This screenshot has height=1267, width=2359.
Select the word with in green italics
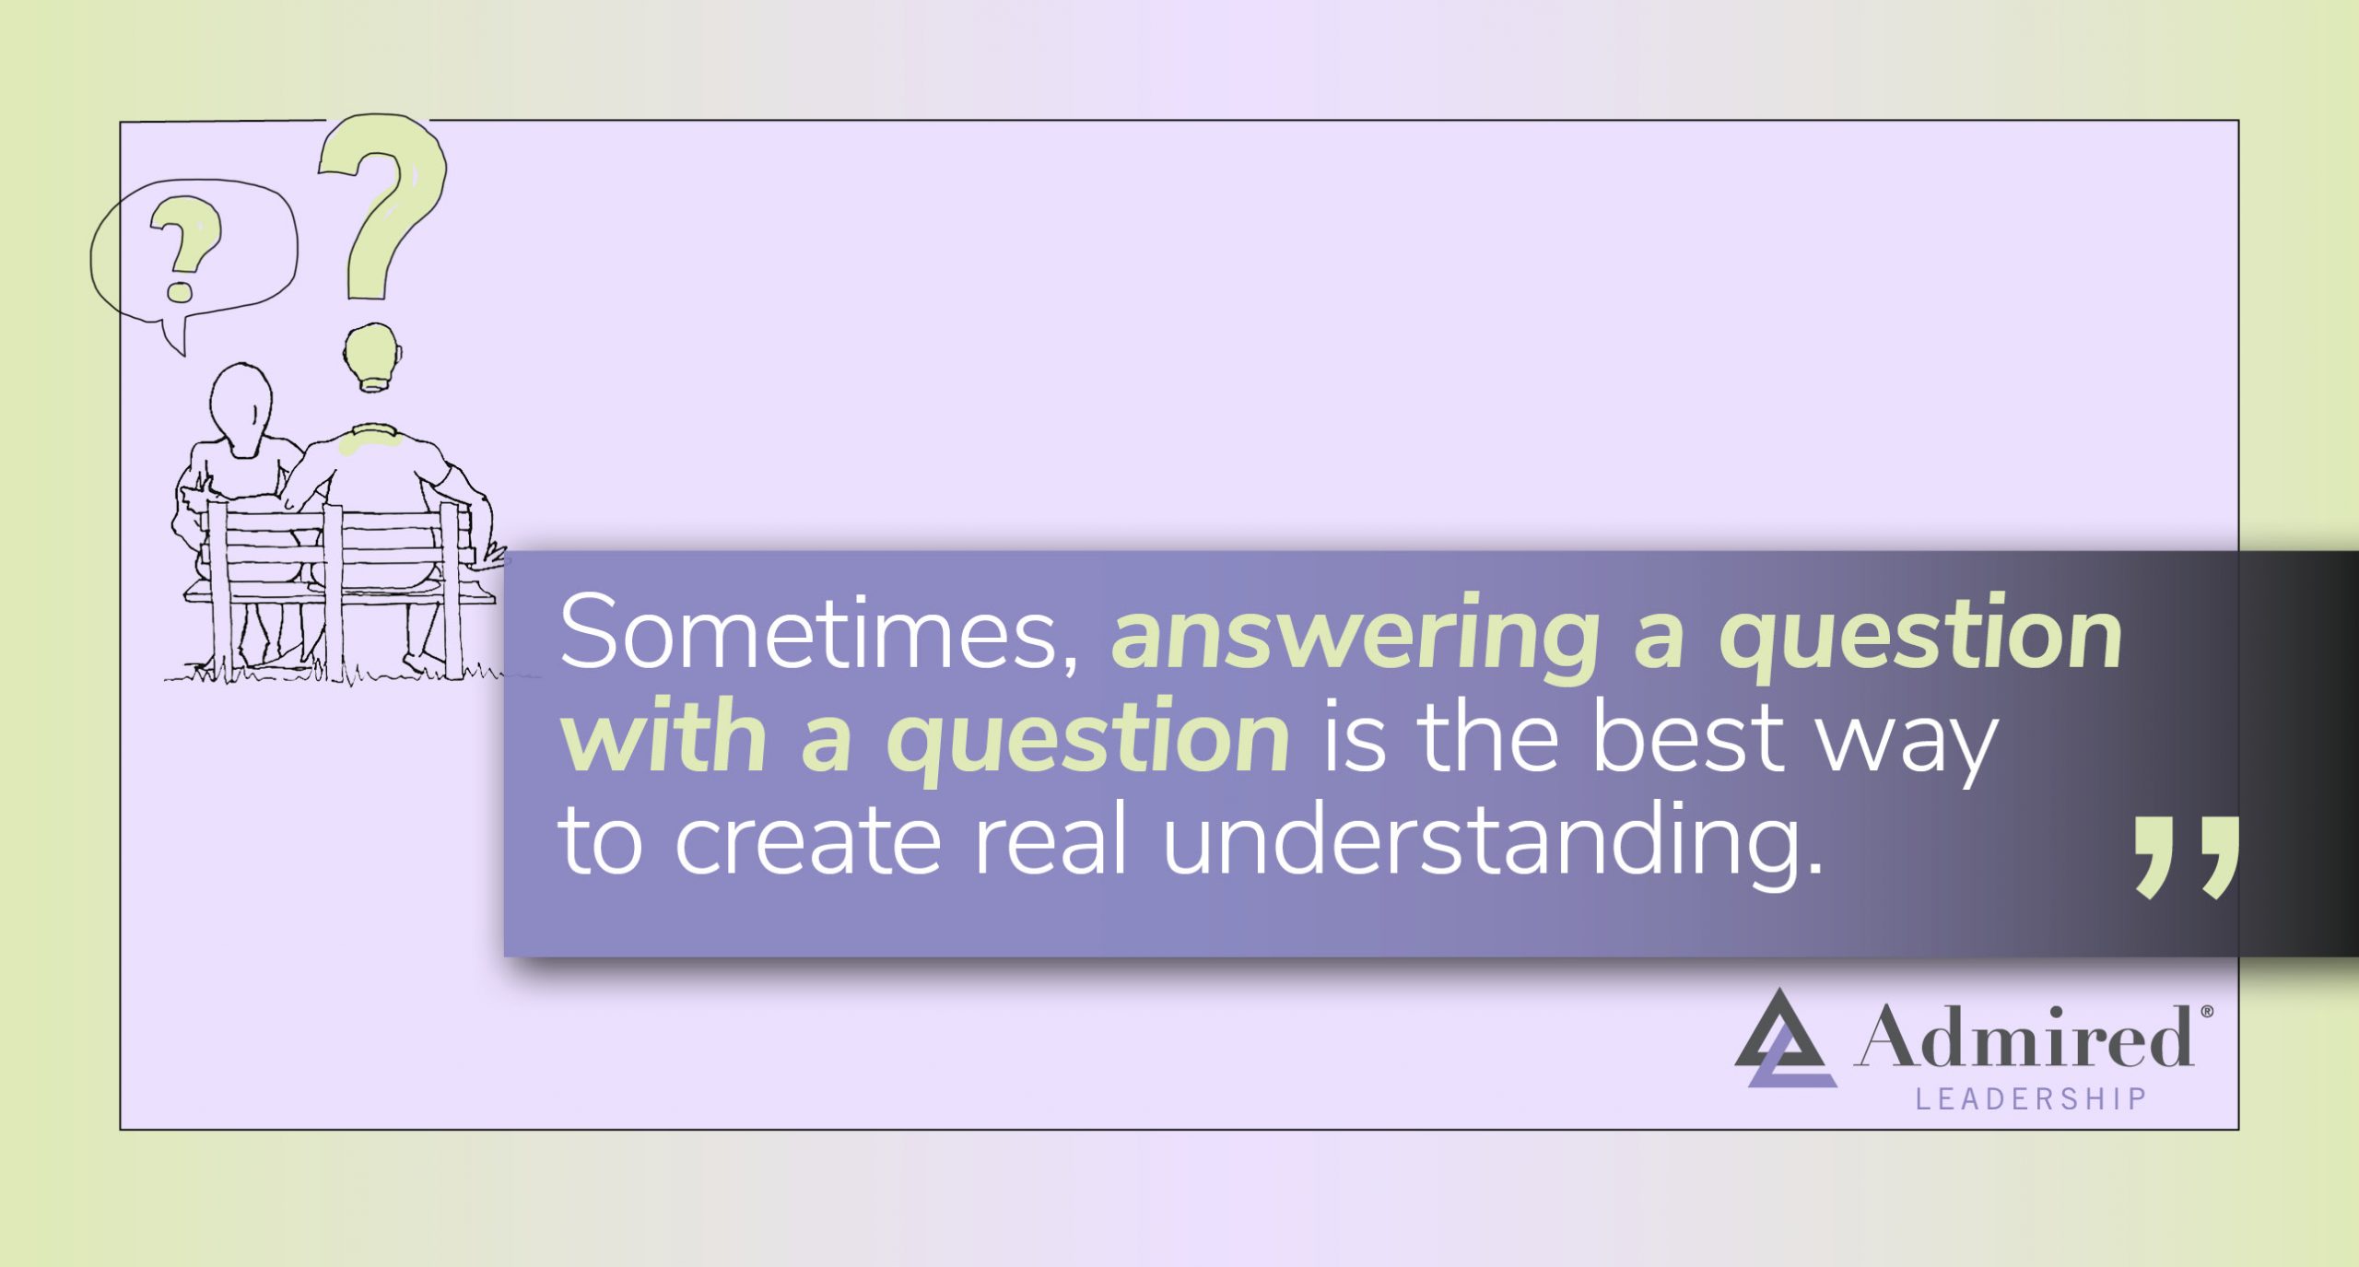pos(663,737)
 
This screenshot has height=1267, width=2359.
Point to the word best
pos(1688,737)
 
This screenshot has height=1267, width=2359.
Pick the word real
pos(1050,840)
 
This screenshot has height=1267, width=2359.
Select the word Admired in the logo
pos(2024,1038)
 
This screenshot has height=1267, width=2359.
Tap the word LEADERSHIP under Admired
pos(2031,1099)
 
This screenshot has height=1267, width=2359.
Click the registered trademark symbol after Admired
pos(2207,1011)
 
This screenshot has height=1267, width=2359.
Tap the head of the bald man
pos(373,355)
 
